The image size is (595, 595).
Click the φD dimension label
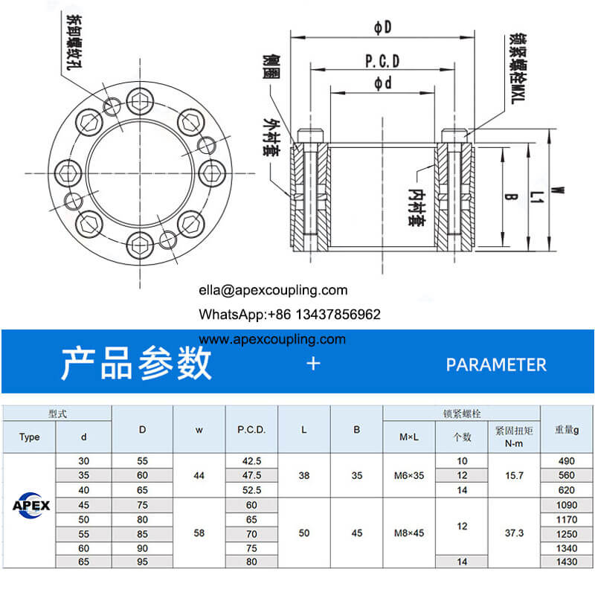pos(383,28)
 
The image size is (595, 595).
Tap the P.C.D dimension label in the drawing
pos(383,61)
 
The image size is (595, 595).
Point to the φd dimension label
pos(383,83)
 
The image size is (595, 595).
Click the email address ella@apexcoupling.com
pos(273,290)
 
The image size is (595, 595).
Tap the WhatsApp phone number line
pos(289,315)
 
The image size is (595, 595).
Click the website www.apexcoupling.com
pos(273,339)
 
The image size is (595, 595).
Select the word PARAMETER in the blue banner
pos(496,364)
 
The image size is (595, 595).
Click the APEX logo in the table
pos(30,506)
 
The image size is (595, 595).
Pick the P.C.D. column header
pos(251,429)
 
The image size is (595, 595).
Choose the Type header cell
pos(30,437)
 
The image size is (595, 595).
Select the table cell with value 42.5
pos(251,461)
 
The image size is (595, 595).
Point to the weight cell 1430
pos(567,562)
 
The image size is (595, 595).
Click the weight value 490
pos(567,461)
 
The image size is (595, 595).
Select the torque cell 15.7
pos(512,475)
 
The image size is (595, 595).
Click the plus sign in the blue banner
pos(313,364)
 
